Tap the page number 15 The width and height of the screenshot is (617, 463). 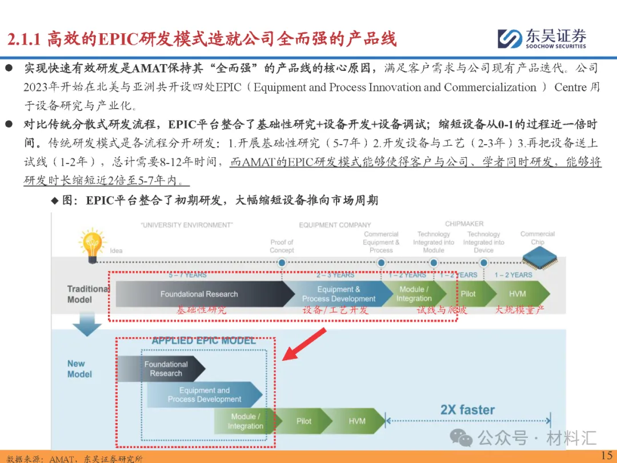pos(606,455)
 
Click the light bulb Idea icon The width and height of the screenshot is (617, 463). pos(91,244)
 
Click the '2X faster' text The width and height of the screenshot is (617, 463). pos(467,410)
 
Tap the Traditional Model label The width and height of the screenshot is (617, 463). pos(87,294)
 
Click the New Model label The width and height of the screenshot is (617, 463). pos(79,369)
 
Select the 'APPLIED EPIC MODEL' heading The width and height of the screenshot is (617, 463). pos(204,341)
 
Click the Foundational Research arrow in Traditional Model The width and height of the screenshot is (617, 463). pos(199,294)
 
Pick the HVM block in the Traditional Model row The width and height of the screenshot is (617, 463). pos(517,294)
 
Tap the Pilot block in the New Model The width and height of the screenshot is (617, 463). pos(304,421)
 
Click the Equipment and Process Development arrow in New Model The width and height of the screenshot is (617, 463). pos(205,394)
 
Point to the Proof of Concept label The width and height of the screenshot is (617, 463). pos(282,246)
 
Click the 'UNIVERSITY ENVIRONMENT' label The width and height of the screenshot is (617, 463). pos(187,225)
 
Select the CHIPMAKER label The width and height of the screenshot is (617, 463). pos(464,223)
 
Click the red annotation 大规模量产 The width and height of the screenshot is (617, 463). pos(519,310)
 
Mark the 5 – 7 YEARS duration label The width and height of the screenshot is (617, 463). pos(187,275)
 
